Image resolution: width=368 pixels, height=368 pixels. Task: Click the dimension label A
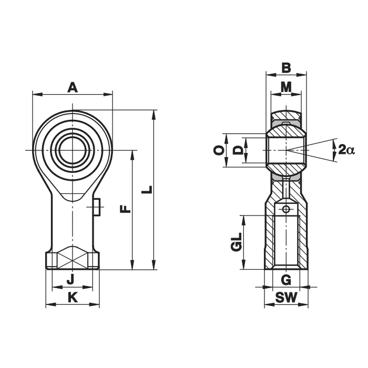(73, 87)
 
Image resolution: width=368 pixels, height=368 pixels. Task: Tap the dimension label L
(147, 190)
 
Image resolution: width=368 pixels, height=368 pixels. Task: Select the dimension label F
(125, 209)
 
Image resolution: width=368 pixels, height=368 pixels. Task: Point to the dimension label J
(71, 279)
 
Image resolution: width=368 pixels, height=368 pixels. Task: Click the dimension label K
(73, 298)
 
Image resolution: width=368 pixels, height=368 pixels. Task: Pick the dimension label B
(286, 68)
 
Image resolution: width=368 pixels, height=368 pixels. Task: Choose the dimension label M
(286, 87)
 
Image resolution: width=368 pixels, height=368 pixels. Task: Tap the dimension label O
(219, 150)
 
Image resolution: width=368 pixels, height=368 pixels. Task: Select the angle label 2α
(346, 150)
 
